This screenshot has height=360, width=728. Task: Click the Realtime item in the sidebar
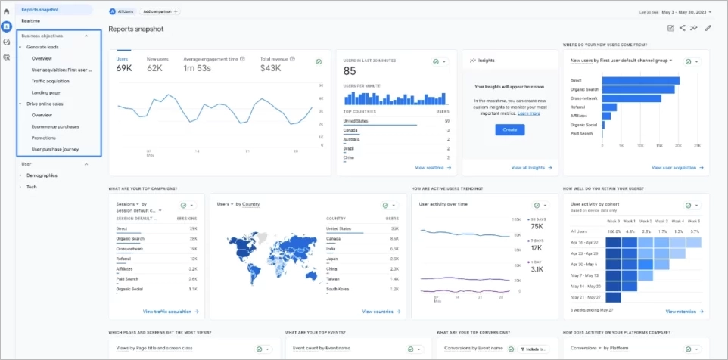coord(31,20)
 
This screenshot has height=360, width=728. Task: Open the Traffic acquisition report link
coord(50,81)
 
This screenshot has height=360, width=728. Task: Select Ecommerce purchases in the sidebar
coord(55,126)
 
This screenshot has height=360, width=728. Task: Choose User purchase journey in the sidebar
coord(55,149)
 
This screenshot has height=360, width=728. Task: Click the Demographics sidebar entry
coord(42,175)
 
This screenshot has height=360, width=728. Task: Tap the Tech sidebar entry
coord(31,186)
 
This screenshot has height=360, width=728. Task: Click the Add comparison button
coord(160,11)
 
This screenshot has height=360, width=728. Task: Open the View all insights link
coord(529,167)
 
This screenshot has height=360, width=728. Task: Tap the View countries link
coord(379,311)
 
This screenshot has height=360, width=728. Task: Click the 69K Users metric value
coord(123,69)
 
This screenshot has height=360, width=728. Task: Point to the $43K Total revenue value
coord(270,69)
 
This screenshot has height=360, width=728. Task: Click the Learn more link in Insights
coord(530,113)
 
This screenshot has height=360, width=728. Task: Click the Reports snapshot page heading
coord(135,29)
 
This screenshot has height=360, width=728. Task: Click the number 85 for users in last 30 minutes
coord(350,71)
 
